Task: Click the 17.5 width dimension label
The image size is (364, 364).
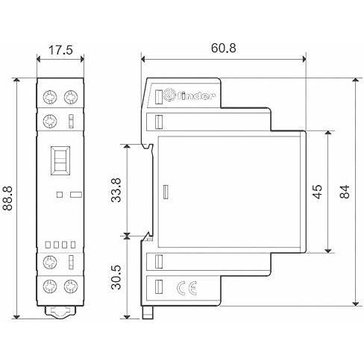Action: click(x=60, y=50)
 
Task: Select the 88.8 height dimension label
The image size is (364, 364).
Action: click(x=7, y=198)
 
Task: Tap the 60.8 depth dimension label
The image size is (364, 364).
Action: click(x=224, y=48)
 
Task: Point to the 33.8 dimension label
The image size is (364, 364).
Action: click(x=116, y=190)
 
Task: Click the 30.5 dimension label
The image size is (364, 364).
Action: click(x=116, y=277)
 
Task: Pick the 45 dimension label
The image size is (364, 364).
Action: click(x=317, y=192)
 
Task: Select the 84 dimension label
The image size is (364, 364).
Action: click(x=345, y=192)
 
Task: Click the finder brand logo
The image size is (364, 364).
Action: click(x=189, y=95)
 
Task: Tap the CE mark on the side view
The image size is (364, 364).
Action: click(x=186, y=288)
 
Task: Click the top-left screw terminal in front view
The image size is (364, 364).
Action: click(x=50, y=97)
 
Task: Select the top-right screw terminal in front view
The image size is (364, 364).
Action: click(x=71, y=97)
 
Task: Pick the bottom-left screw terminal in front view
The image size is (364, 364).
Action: click(x=50, y=286)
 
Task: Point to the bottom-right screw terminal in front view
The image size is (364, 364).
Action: click(x=71, y=286)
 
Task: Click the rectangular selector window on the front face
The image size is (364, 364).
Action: click(x=60, y=160)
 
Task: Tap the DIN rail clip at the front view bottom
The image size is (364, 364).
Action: click(x=60, y=312)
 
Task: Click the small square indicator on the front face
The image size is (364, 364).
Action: click(x=60, y=195)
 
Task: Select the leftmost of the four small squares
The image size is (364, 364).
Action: click(x=48, y=245)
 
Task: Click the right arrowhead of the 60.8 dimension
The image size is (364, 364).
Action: click(x=304, y=59)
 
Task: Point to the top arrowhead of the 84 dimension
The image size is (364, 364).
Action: click(x=356, y=80)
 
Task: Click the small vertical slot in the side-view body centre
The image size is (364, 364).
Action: click(x=166, y=192)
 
